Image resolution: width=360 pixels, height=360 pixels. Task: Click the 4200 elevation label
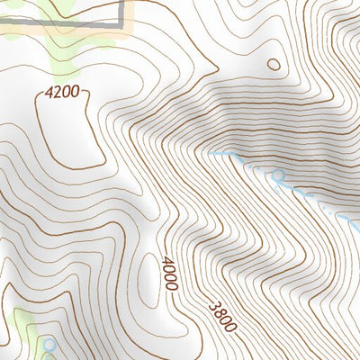click(x=62, y=92)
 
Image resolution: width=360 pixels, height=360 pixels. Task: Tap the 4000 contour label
click(x=169, y=274)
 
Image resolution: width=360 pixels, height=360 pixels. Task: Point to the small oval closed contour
click(x=274, y=64)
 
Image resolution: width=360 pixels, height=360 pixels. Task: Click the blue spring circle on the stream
click(x=278, y=175)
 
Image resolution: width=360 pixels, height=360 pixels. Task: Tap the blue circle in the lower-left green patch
click(x=49, y=345)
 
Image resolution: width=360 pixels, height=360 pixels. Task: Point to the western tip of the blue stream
click(x=210, y=154)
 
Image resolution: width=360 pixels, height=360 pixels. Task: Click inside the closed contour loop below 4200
click(x=67, y=130)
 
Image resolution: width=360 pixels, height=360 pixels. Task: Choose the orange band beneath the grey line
click(x=63, y=32)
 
